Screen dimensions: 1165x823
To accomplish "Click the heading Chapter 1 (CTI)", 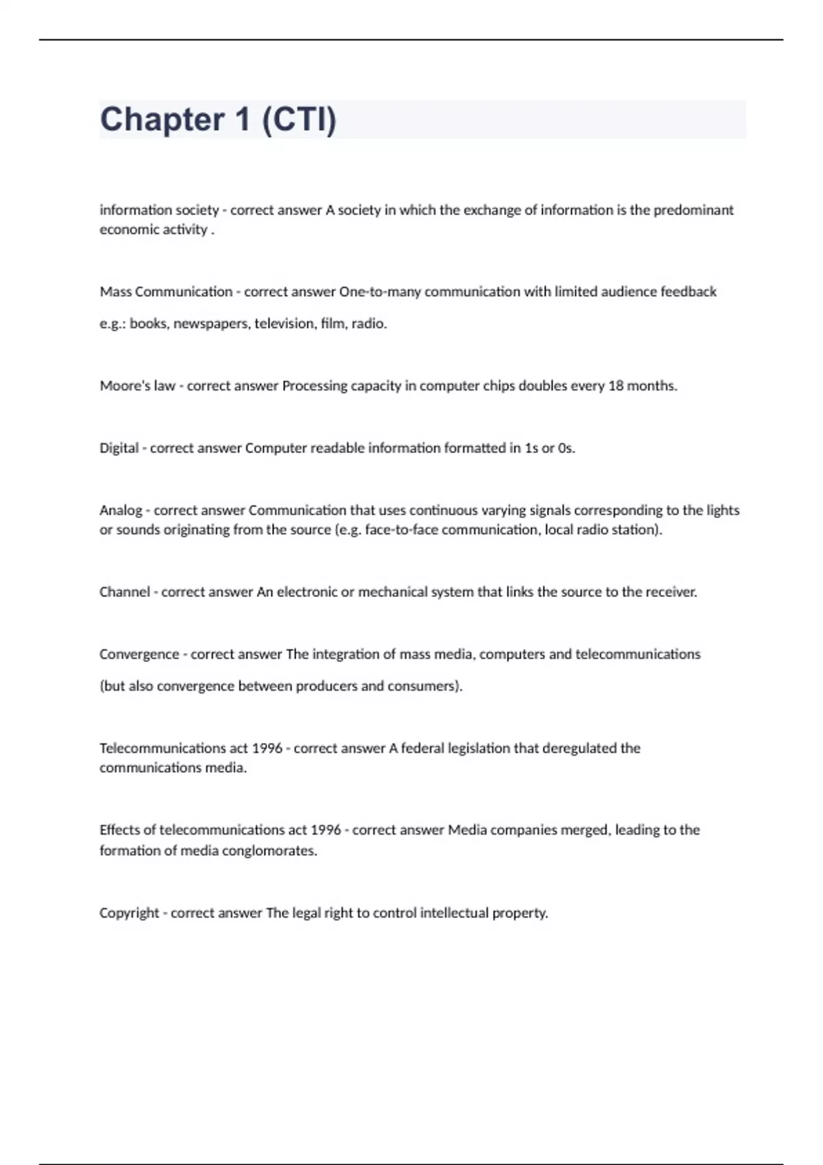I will click(x=218, y=119).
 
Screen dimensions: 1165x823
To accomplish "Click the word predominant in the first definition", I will click(x=693, y=210).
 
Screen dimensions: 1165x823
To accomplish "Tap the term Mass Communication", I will click(x=166, y=292).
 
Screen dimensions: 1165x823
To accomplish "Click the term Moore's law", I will click(x=137, y=386).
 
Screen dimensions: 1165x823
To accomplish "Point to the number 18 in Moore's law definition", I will click(x=616, y=386).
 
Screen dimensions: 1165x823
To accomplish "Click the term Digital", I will click(x=119, y=448).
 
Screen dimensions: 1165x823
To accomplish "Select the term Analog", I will click(x=121, y=511).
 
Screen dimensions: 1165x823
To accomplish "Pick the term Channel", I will click(x=124, y=592).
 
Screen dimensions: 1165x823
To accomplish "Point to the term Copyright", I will click(x=129, y=913).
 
